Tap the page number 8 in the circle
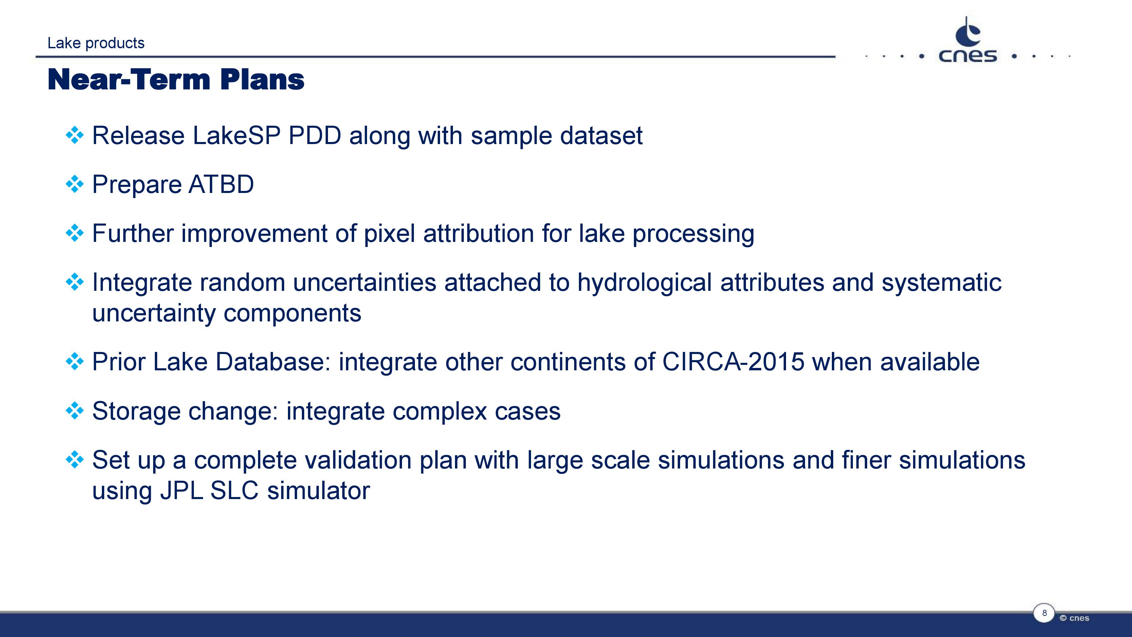tap(1044, 613)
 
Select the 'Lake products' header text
tap(96, 43)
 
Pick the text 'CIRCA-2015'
tap(733, 362)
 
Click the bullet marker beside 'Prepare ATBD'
tap(74, 184)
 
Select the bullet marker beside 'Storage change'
tap(74, 411)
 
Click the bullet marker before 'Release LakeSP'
tap(74, 135)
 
